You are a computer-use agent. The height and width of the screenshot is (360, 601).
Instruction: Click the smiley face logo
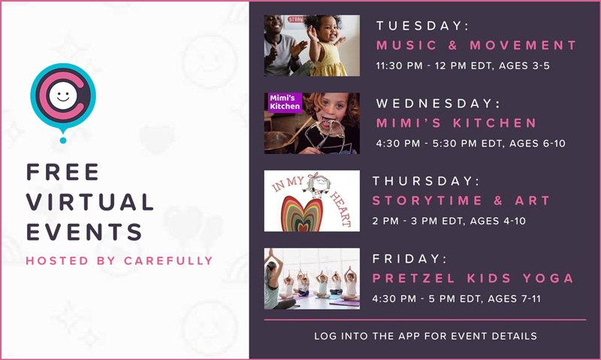(x=62, y=96)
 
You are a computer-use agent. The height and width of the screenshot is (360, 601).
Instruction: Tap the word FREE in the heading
(x=63, y=172)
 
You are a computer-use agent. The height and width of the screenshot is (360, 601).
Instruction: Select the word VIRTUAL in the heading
(x=90, y=201)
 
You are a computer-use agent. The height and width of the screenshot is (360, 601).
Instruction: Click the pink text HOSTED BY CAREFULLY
(x=119, y=261)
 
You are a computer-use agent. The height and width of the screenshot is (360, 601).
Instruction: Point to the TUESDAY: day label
(x=423, y=26)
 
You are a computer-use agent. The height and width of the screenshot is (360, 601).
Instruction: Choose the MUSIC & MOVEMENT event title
(x=476, y=45)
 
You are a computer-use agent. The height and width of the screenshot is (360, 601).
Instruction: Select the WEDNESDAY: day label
(x=438, y=103)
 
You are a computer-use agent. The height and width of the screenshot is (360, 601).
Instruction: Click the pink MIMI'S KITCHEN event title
(x=457, y=123)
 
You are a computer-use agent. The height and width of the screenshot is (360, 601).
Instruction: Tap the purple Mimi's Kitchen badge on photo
(x=284, y=102)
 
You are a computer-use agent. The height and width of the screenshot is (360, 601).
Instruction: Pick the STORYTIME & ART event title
(x=461, y=201)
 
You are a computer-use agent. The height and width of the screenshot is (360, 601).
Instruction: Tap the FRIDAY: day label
(x=409, y=259)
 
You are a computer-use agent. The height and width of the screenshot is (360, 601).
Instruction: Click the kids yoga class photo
(x=312, y=278)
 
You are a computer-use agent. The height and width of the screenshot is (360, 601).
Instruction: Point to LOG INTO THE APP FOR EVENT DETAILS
(x=425, y=336)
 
